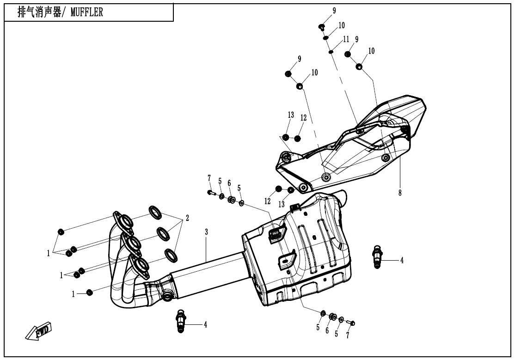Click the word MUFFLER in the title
87,12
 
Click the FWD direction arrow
39,330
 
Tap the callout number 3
206,232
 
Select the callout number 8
400,193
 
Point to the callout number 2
187,218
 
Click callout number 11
346,39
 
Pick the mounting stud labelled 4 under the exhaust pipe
181,321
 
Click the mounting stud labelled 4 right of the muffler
378,256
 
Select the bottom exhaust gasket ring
171,256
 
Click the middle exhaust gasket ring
164,233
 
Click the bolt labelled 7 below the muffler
351,323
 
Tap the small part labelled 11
331,52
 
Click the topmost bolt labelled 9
322,27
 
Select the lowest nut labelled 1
89,292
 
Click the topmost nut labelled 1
61,232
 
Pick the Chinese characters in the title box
39,12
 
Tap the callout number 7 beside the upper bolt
209,178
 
